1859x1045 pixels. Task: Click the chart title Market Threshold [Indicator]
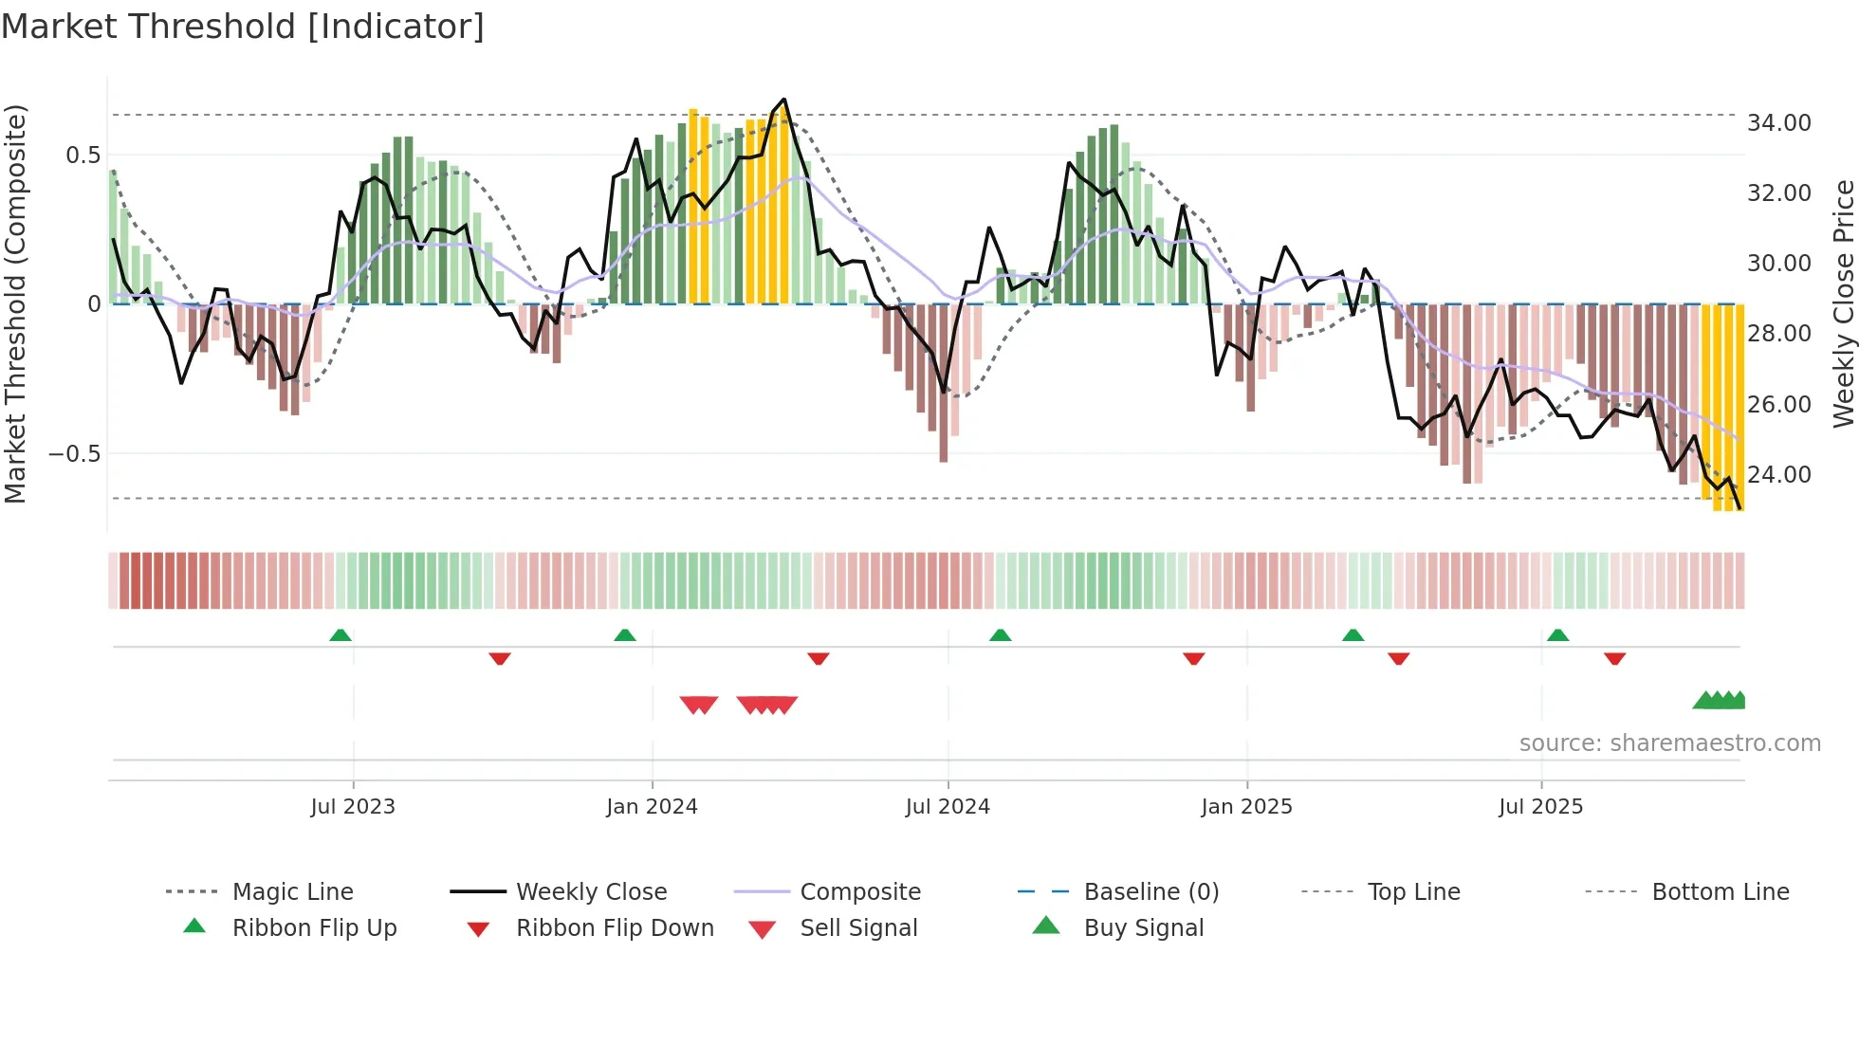tap(243, 27)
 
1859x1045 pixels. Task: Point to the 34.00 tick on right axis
tap(1778, 123)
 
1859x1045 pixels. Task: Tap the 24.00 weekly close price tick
tap(1778, 475)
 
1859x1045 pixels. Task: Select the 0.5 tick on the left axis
tap(83, 156)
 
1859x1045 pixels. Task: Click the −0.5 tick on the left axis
tap(75, 454)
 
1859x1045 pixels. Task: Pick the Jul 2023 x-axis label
tap(353, 807)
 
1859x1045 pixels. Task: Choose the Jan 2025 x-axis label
tap(1246, 807)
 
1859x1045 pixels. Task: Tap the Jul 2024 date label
tap(948, 807)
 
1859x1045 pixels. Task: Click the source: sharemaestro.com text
tap(1669, 743)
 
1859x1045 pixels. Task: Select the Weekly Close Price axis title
tap(1843, 303)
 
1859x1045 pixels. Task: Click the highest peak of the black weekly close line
tap(784, 100)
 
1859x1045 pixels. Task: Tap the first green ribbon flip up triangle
tap(341, 635)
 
